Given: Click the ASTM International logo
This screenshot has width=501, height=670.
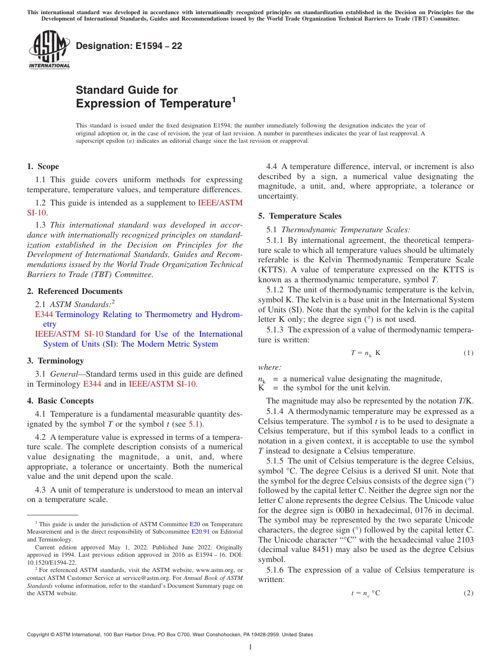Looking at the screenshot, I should [x=49, y=50].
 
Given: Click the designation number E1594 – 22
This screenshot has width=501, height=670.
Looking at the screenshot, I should [x=129, y=46].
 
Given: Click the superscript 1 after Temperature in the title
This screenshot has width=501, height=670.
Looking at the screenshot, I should [x=234, y=98].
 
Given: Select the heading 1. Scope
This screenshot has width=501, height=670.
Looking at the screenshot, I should [x=43, y=166].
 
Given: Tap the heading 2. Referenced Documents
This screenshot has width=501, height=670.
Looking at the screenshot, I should [x=75, y=291].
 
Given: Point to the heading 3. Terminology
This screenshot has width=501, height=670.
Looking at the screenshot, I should [x=55, y=361].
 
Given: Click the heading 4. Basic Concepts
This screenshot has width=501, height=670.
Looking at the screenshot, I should [x=61, y=401].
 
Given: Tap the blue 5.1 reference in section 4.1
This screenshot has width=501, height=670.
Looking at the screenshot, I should [x=194, y=424].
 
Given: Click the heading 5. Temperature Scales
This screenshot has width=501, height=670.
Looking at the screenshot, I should [x=300, y=216].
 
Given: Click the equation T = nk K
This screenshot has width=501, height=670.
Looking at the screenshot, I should [x=365, y=353].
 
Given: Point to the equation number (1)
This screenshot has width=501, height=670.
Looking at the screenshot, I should [x=468, y=353].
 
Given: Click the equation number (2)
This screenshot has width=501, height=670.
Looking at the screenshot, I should [x=468, y=593].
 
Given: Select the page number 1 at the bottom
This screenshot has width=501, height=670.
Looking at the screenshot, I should [x=250, y=647].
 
